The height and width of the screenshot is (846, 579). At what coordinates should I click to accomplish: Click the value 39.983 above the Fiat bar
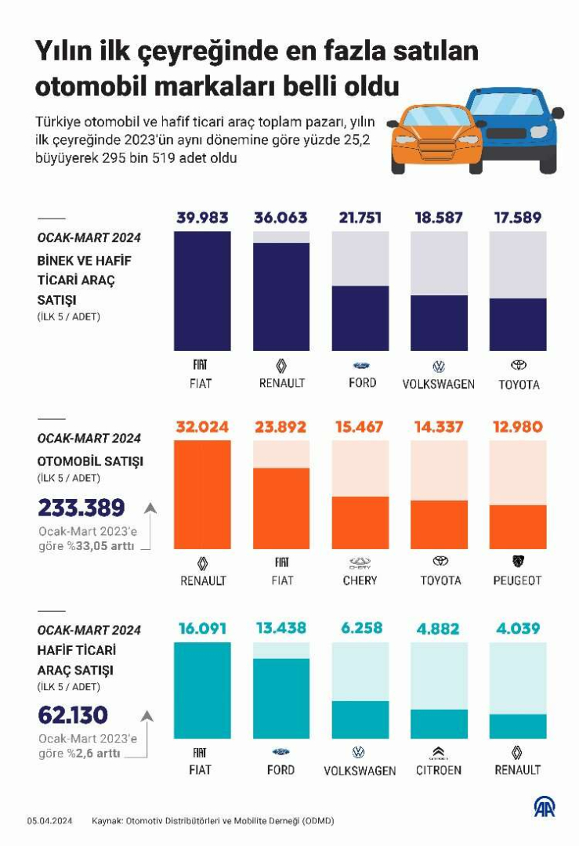[x=202, y=218]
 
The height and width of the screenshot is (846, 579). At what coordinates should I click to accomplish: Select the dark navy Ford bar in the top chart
[x=360, y=317]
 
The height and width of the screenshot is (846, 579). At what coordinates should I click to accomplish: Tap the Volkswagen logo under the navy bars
[x=438, y=366]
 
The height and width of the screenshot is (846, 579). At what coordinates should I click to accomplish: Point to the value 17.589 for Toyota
[x=517, y=218]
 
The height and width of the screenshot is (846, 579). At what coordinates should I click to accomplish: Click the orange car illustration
[x=433, y=141]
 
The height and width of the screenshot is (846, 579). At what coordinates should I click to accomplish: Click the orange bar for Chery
[x=360, y=522]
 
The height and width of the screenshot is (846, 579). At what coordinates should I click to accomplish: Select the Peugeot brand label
[x=517, y=580]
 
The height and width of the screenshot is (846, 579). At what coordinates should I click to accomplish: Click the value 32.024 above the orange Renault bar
[x=202, y=428]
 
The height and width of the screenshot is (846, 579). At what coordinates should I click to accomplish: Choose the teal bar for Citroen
[x=439, y=724]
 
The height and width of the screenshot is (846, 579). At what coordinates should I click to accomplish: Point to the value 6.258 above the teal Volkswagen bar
[x=360, y=628]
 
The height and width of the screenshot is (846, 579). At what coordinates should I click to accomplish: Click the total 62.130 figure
[x=73, y=715]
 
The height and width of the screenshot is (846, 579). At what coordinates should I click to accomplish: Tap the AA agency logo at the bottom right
[x=545, y=807]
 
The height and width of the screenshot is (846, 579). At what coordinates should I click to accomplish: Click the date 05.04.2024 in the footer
[x=50, y=821]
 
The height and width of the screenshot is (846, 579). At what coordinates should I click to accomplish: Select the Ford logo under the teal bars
[x=280, y=752]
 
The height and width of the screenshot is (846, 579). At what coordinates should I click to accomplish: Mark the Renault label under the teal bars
[x=517, y=770]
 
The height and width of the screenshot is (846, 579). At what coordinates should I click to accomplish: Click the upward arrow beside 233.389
[x=150, y=508]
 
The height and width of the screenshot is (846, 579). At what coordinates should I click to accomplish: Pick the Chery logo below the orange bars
[x=360, y=562]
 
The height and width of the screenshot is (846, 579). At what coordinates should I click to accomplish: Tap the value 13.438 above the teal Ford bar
[x=280, y=628]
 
